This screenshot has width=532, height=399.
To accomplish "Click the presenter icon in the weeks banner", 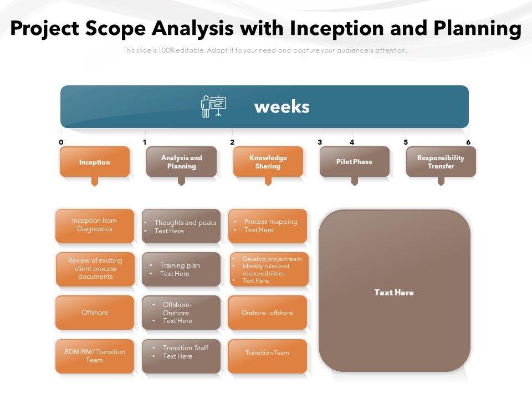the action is click(213, 106).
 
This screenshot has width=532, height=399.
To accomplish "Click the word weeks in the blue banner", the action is click(282, 107).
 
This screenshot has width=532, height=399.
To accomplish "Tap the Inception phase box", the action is click(95, 162).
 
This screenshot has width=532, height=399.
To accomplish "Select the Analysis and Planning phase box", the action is click(181, 162).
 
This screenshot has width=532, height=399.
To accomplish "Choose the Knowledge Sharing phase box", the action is click(268, 162).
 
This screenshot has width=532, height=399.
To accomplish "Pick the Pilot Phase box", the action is click(355, 162).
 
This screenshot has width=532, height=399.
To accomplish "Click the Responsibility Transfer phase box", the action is click(441, 162).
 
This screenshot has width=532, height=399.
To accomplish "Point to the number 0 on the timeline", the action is click(61, 142).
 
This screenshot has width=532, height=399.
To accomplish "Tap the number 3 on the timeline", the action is click(320, 142).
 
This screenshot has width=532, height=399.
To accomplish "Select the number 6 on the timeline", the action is click(468, 142).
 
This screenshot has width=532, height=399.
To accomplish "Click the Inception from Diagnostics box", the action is click(95, 226).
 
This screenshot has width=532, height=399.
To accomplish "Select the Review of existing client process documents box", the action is click(95, 269).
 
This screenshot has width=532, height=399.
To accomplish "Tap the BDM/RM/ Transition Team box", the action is click(95, 356).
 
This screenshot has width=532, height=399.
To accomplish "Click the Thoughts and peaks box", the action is click(181, 226).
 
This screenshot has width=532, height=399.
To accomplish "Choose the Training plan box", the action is click(181, 269).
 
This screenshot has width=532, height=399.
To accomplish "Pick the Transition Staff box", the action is click(181, 356).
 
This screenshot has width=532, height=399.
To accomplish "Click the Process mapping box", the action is click(268, 226).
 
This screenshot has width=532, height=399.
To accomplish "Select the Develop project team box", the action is click(269, 269).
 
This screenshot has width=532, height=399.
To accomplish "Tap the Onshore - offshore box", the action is click(267, 313).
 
